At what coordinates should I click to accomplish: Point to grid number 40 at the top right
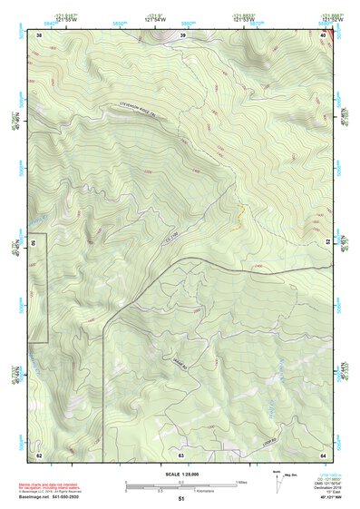(324, 34)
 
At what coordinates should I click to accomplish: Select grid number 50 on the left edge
(33, 243)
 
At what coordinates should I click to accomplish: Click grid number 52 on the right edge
(328, 243)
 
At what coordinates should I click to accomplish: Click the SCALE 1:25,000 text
(180, 474)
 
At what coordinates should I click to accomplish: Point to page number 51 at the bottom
(180, 499)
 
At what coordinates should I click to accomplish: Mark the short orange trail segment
(241, 215)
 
